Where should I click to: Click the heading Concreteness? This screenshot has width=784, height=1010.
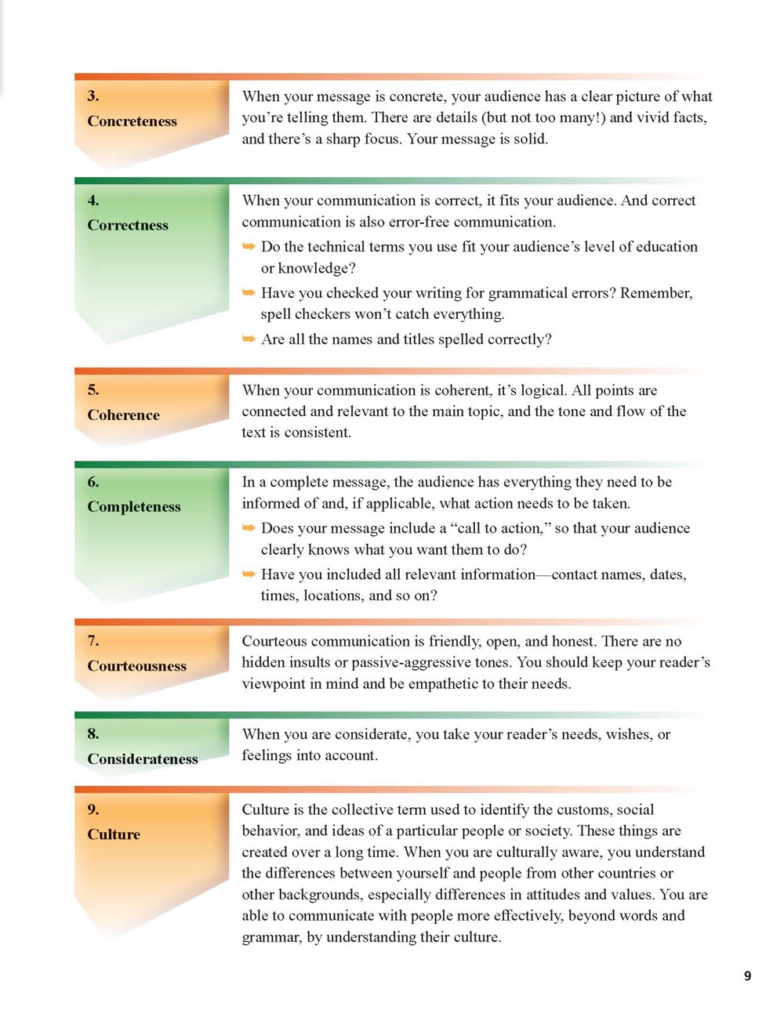click(132, 121)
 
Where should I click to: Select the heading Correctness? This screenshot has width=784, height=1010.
click(128, 226)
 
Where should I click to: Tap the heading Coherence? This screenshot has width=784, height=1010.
click(123, 415)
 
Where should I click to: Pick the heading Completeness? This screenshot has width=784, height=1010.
click(134, 507)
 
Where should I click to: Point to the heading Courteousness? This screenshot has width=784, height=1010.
click(136, 666)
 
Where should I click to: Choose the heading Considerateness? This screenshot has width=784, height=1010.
click(142, 759)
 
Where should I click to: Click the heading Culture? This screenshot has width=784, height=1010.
click(114, 834)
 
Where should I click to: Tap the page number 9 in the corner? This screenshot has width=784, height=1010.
click(747, 976)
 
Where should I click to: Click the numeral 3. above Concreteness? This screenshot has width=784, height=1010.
click(93, 96)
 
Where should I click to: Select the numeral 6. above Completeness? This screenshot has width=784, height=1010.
click(93, 482)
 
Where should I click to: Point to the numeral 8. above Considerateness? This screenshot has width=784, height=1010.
click(93, 734)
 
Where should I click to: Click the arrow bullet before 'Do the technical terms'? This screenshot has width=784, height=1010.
click(249, 247)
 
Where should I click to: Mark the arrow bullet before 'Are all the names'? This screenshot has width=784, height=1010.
click(249, 339)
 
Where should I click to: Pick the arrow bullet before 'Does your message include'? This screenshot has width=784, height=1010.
click(249, 528)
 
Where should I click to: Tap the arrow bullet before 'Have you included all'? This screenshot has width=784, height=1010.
click(249, 574)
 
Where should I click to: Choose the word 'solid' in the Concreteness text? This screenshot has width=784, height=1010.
click(529, 139)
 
